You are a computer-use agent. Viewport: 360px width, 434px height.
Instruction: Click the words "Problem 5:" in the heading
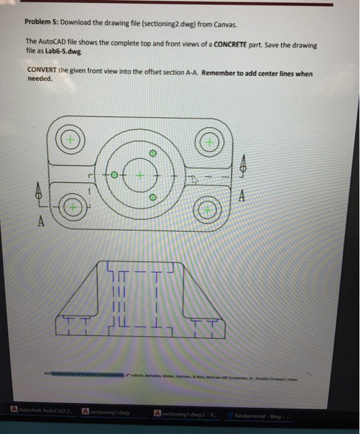[x=42, y=23]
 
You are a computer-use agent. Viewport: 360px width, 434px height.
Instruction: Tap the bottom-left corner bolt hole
[x=72, y=207]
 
